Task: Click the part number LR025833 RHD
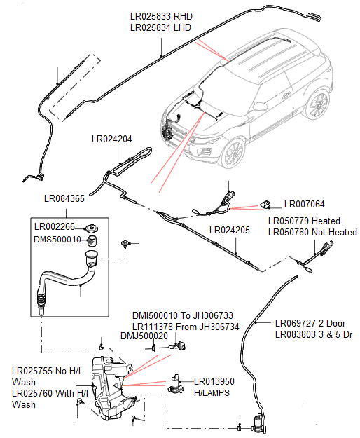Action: click(160, 15)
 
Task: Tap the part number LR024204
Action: click(111, 139)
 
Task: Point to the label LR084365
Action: click(64, 199)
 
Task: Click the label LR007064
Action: click(304, 205)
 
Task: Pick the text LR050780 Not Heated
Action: click(312, 232)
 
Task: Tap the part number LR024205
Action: click(229, 231)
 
